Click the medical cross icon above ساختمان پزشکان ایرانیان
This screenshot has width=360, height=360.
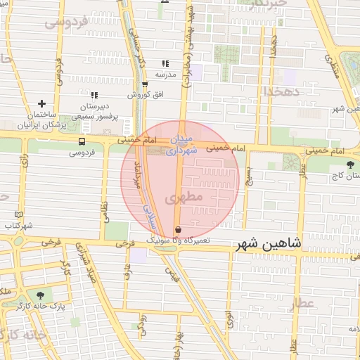tap(42, 103)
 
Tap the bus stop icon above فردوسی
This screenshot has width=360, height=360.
tap(82, 141)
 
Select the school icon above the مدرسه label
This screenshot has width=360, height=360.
tap(165, 63)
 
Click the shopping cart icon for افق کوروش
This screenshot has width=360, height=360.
tap(145, 85)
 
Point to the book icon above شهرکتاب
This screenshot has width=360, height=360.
tap(18, 215)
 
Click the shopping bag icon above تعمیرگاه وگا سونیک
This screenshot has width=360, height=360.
tap(177, 230)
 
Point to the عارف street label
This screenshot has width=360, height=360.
tap(128, 271)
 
